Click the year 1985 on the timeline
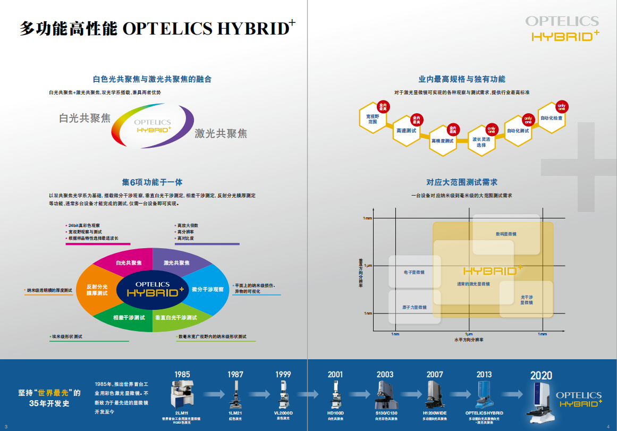tap(182, 374)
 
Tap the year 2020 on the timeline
tap(541, 376)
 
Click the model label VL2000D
tap(283, 413)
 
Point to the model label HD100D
tap(335, 413)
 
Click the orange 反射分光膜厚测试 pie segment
tap(97, 290)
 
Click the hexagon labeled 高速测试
tap(407, 130)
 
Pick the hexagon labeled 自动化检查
tap(551, 118)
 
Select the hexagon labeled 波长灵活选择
tap(481, 142)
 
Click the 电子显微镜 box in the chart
tap(415, 272)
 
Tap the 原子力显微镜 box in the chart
tap(415, 307)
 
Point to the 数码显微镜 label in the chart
tap(506, 234)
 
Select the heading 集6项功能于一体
tap(152, 182)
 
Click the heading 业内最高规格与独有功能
tap(462, 79)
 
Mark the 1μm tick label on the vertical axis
tap(368, 265)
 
